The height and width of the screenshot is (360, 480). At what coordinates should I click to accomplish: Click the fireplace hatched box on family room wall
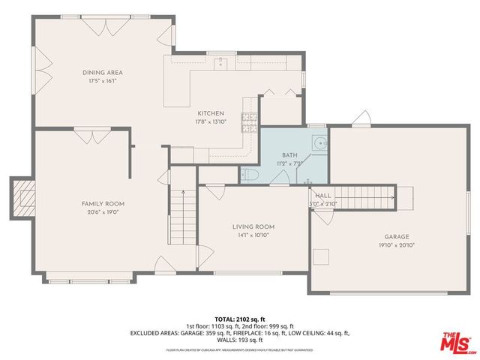(x=23, y=197)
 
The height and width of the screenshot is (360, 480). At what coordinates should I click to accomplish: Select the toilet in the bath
(x=250, y=174)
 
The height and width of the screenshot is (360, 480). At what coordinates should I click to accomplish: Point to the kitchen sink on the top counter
(x=220, y=64)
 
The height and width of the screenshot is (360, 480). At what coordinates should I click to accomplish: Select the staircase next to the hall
(x=364, y=196)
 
